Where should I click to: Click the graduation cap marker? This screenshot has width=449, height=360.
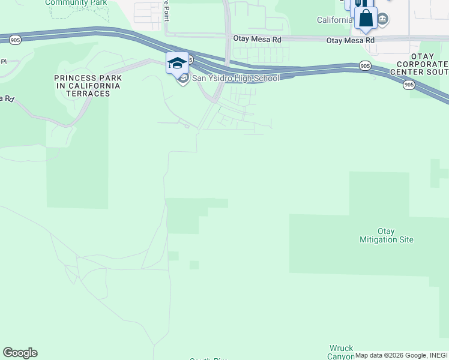pyautogui.click(x=177, y=63)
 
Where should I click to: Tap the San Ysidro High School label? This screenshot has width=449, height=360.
pyautogui.click(x=235, y=78)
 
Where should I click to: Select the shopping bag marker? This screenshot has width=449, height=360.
pyautogui.click(x=366, y=18)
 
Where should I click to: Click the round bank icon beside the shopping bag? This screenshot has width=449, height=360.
pyautogui.click(x=382, y=20)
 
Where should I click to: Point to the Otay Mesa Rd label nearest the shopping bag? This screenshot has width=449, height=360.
pyautogui.click(x=350, y=40)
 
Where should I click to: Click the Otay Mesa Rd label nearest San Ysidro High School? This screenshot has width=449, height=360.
pyautogui.click(x=257, y=38)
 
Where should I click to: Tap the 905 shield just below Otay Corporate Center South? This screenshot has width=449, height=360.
pyautogui.click(x=409, y=85)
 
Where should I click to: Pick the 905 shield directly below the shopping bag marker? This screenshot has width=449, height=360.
pyautogui.click(x=365, y=65)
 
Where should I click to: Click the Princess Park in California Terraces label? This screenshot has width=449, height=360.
pyautogui.click(x=88, y=82)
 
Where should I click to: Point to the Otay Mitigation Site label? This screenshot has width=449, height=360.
pyautogui.click(x=386, y=235)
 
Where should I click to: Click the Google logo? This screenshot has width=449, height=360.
pyautogui.click(x=20, y=353)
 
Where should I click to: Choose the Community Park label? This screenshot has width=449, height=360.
pyautogui.click(x=76, y=2)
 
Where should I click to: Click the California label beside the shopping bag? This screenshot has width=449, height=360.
pyautogui.click(x=334, y=20)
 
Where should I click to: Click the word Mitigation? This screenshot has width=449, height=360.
pyautogui.click(x=386, y=239)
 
